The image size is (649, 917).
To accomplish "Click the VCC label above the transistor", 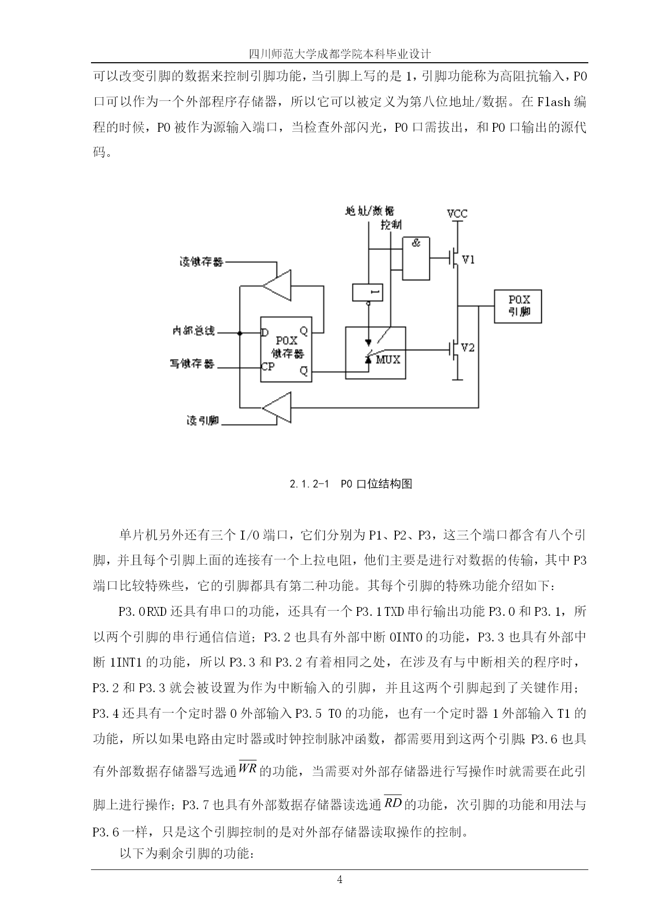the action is (457, 213).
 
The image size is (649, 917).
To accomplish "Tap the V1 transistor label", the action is (469, 259).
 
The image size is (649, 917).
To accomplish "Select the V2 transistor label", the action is (468, 348).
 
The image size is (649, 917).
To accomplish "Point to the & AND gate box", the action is (416, 258).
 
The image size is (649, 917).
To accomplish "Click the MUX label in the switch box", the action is (388, 360).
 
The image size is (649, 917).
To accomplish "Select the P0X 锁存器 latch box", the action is (286, 349).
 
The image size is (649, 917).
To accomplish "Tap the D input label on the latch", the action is (265, 333).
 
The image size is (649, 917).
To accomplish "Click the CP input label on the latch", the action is (268, 366).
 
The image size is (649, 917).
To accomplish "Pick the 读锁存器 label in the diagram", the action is (201, 261).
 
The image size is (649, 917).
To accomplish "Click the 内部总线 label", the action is (193, 331).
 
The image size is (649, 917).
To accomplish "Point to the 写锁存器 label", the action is (192, 364).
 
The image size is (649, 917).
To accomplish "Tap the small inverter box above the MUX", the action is (368, 292).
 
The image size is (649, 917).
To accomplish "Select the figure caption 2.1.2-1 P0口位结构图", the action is (351, 484).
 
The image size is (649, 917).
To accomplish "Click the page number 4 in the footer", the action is (340, 880).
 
